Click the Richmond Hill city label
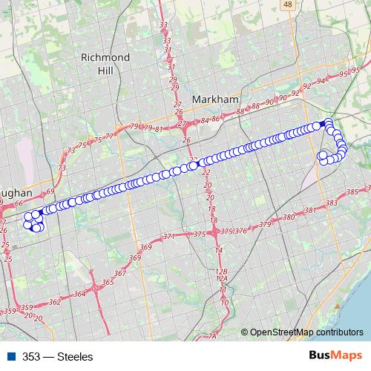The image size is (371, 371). [105, 63]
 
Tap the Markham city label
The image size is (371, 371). [214, 99]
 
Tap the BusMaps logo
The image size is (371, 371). [335, 355]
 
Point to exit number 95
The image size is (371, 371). [344, 74]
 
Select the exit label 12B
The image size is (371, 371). [221, 272]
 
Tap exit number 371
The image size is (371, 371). [170, 237]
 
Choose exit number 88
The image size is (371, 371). [240, 111]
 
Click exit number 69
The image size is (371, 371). [50, 192]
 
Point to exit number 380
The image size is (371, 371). [289, 217]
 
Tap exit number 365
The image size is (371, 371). [108, 282]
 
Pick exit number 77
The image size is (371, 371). [108, 136]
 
